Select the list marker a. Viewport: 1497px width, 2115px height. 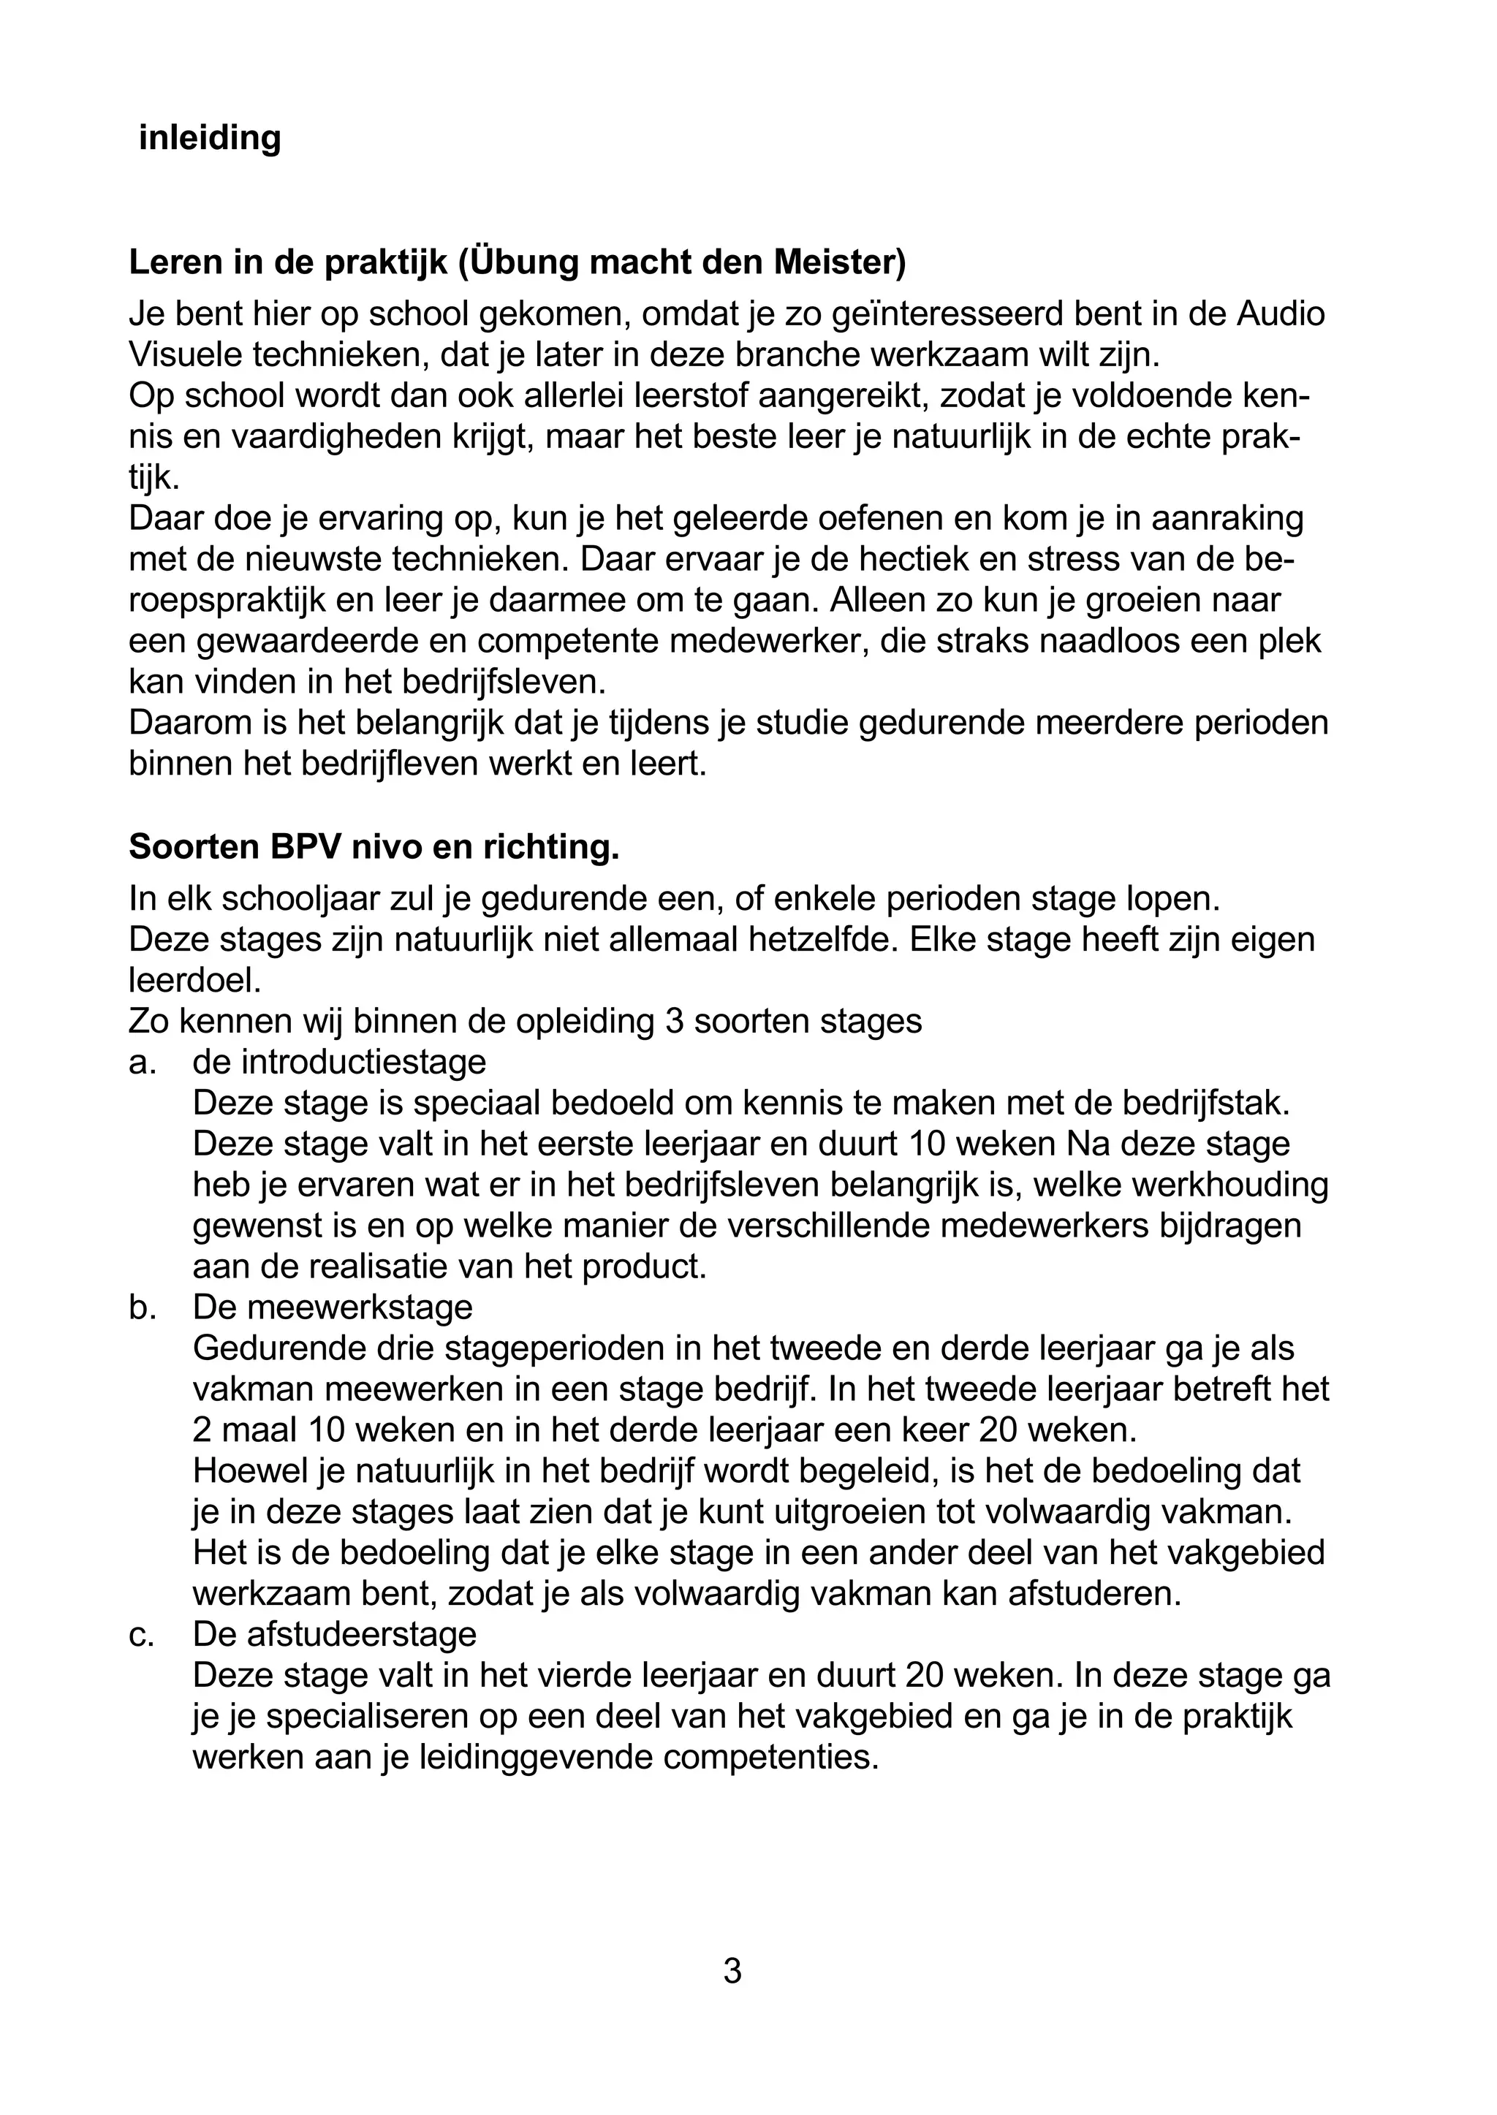[x=140, y=1063]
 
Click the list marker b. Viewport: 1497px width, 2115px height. [x=141, y=1307]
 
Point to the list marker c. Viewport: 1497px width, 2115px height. [x=140, y=1635]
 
